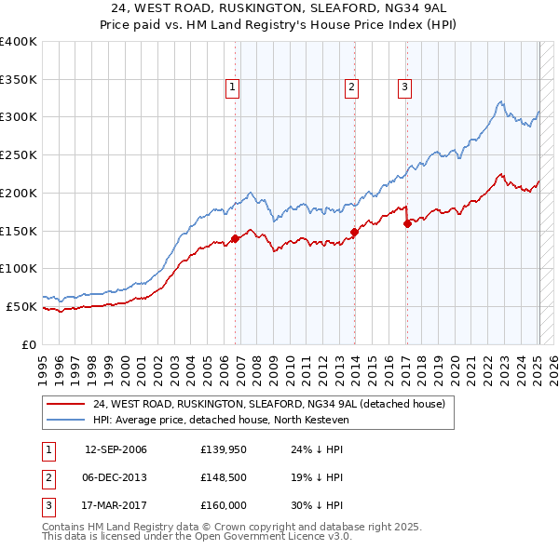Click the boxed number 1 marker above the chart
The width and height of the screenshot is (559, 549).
[232, 88]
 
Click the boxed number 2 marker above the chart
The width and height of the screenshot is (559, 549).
[351, 88]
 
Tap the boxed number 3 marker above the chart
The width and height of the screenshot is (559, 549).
[405, 88]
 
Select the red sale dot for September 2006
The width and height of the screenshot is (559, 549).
[235, 238]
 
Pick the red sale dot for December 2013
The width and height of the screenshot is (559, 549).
[354, 232]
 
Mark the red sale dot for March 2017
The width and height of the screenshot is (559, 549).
[407, 223]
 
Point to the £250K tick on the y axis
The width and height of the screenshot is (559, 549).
[19, 155]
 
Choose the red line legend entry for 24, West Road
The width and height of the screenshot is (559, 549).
[269, 404]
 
